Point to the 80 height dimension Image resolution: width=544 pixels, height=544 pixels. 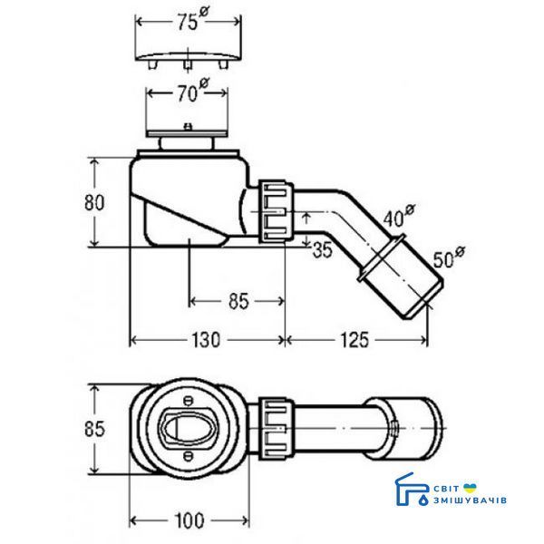coord(94,202)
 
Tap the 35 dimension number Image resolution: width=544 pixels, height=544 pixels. coord(322,249)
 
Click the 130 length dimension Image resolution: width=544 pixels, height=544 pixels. coord(206,340)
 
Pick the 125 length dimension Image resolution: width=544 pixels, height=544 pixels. coord(355,340)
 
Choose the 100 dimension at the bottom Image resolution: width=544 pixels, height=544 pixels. coord(189,520)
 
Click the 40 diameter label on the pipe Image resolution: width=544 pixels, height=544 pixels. coord(399,217)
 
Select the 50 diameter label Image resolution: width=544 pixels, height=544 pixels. coord(449,257)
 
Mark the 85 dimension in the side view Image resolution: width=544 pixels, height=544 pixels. coord(238,301)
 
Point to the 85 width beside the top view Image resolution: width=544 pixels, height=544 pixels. coord(94,429)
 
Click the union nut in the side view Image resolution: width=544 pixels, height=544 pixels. coord(277,211)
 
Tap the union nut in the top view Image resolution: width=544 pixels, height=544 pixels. coord(277,429)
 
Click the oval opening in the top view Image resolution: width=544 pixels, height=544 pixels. coord(187,428)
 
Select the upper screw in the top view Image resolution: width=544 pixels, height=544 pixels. coord(188,402)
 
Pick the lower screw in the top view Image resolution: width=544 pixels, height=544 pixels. coord(188,455)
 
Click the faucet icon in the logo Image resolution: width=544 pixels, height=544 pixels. coord(412,490)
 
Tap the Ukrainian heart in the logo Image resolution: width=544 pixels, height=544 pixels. coord(470,488)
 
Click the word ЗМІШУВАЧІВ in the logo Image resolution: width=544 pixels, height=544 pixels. coord(470,500)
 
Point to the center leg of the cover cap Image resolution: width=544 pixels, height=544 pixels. coord(188,65)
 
